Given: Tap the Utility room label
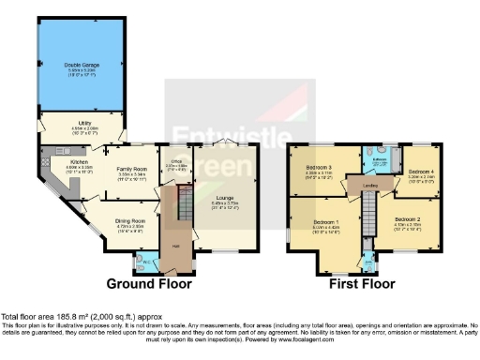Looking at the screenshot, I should click(84, 123).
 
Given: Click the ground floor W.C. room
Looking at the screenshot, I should click(146, 262).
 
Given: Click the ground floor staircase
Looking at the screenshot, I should click(184, 202).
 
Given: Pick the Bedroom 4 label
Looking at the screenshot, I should click(419, 172).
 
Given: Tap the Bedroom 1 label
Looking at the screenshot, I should click(325, 222).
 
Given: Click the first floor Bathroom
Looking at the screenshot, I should click(380, 160).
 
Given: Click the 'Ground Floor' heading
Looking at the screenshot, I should click(149, 284).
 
